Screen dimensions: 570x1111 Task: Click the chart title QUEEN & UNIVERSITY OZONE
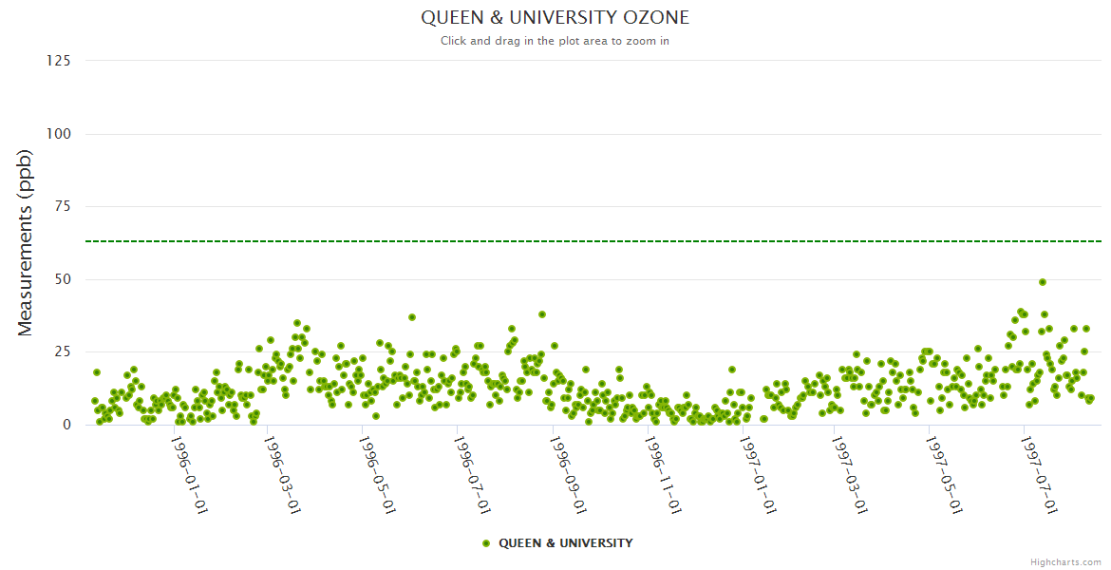point(555,18)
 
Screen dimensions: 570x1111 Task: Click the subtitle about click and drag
point(555,41)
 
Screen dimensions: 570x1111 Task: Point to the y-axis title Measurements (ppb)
point(26,242)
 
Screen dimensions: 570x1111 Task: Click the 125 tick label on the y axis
point(59,61)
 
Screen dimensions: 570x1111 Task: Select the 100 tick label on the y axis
point(59,134)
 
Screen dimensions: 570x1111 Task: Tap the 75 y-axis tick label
point(63,206)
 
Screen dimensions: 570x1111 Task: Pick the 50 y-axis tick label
point(63,279)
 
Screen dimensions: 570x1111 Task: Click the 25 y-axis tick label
point(63,352)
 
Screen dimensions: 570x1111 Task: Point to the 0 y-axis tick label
point(66,425)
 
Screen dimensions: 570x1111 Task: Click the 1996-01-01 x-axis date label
point(189,474)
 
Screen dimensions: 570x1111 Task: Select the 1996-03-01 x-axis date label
point(283,474)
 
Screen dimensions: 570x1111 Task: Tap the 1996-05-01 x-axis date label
point(377,474)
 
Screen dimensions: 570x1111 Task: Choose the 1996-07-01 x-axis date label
point(472,474)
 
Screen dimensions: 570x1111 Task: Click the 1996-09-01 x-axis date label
point(568,474)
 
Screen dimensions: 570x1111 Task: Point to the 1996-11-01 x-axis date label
point(662,474)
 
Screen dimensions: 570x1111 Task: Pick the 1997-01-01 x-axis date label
point(757,474)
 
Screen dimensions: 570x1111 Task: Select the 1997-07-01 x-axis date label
point(1039,474)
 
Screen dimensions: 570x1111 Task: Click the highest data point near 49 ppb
point(1043,282)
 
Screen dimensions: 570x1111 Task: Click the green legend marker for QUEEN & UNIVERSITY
point(487,543)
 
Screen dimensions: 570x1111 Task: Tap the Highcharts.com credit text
point(1065,562)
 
